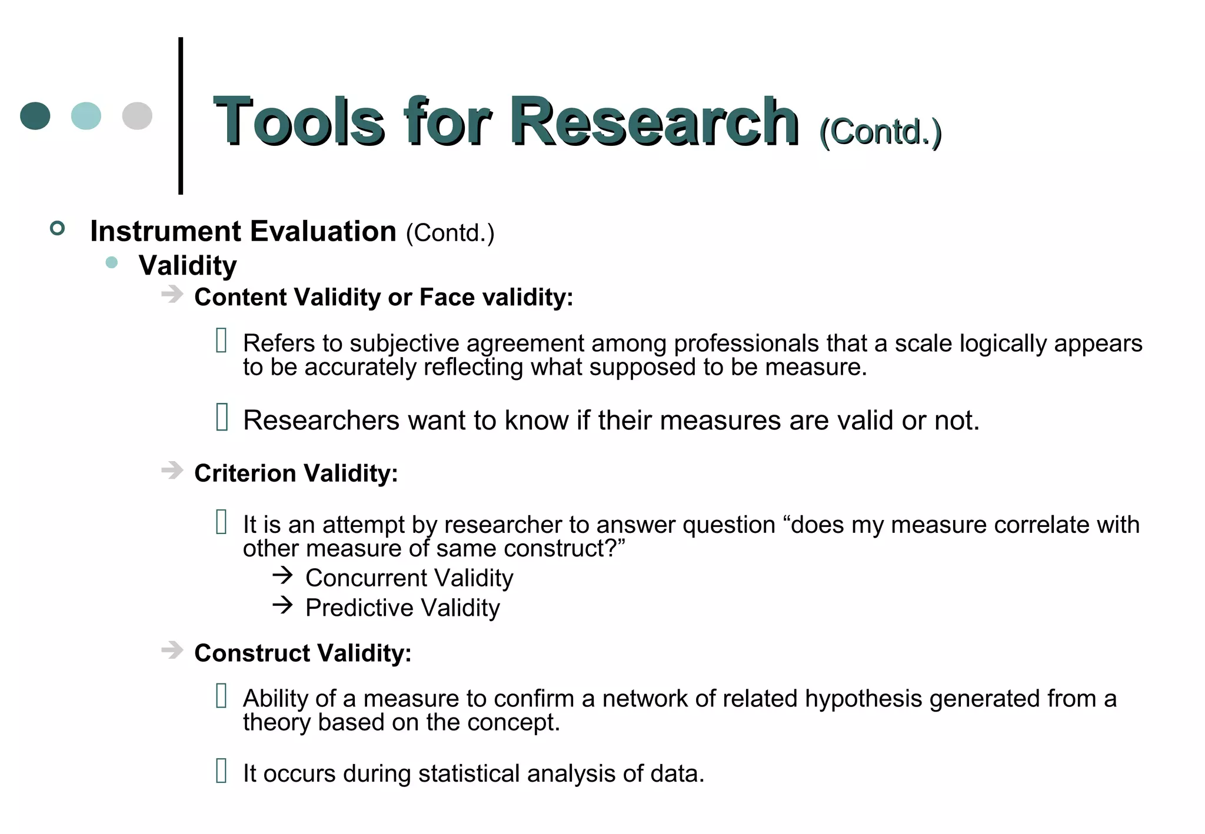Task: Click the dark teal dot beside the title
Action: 35,116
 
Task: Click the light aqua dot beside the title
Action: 86,116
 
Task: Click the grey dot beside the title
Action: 137,116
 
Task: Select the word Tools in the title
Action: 299,122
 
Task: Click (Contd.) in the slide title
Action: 880,132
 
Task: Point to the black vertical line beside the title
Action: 181,116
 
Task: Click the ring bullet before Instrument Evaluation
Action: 57,228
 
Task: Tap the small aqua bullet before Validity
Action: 111,262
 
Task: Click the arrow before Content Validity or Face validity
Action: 172,294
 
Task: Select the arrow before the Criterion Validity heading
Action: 172,471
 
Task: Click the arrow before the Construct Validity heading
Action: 172,650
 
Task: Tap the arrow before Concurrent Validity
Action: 283,575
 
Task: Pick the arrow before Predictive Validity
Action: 283,605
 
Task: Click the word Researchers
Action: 321,421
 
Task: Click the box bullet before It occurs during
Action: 221,771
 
